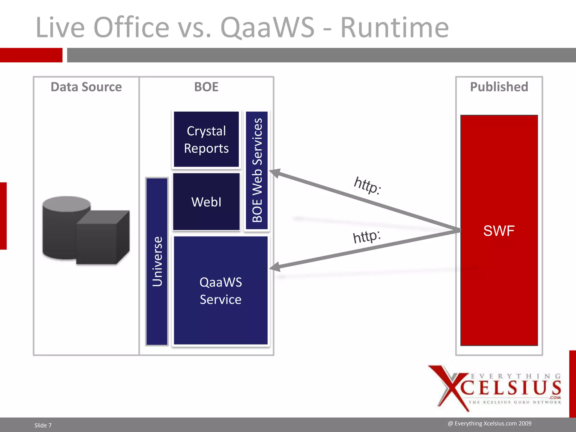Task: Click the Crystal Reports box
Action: pos(206,139)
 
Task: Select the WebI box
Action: pos(206,202)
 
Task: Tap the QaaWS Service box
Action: pos(220,290)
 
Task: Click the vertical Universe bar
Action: pos(157,262)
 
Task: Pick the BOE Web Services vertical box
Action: pos(257,170)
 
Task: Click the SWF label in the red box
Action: pos(499,231)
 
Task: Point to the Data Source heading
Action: pos(86,87)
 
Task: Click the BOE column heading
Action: pos(206,87)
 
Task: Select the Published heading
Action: pos(499,87)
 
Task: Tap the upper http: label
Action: pos(367,185)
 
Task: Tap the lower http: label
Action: pos(367,236)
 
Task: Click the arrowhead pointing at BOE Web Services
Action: pos(275,173)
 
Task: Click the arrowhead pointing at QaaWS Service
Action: pos(275,267)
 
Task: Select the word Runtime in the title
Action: pos(394,27)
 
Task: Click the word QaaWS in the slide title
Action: pos(267,27)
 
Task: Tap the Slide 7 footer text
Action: pos(43,425)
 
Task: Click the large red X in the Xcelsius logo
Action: pos(450,388)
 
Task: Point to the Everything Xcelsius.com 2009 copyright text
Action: pos(489,424)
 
